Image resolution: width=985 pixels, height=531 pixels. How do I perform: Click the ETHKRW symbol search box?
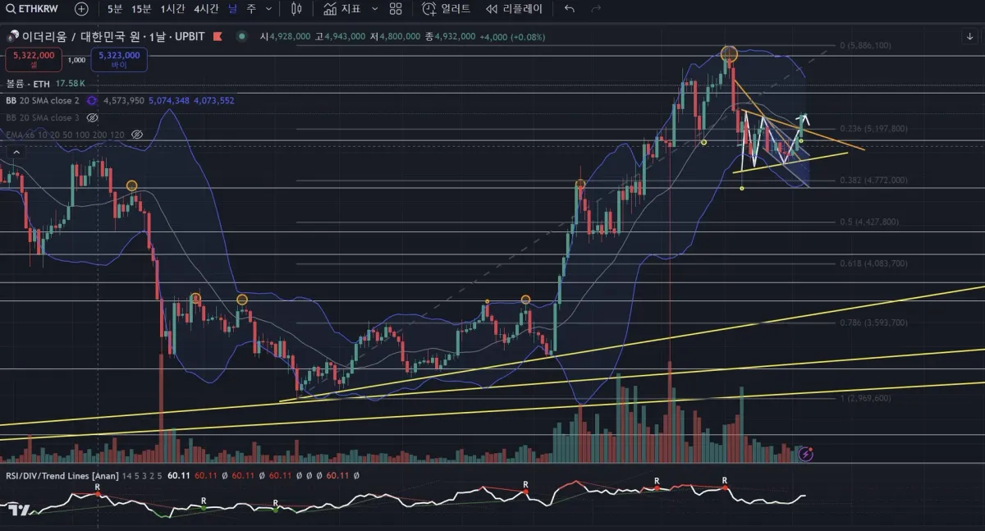pos(34,9)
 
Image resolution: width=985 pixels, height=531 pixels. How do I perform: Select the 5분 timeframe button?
pos(115,9)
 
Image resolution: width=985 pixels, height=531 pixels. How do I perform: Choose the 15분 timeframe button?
pos(141,9)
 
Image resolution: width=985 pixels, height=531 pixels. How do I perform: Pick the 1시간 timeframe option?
pos(173,9)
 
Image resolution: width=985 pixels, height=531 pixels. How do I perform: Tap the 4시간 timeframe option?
pos(206,9)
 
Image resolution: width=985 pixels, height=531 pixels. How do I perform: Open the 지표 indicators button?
pos(343,9)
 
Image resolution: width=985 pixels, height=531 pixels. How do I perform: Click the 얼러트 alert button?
pos(447,9)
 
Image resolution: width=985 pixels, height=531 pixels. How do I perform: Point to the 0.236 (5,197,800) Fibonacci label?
pos(873,129)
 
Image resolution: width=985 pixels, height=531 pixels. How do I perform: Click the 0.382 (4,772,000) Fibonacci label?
pos(873,180)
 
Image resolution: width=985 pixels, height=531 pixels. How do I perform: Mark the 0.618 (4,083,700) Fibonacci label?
pos(873,263)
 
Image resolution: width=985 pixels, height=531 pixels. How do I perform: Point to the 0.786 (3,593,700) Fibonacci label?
pos(873,323)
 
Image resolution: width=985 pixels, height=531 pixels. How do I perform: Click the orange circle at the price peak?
pos(729,55)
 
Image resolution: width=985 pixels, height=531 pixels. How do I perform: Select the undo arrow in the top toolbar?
pos(570,9)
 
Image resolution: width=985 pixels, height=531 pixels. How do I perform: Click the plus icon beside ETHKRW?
pos(81,9)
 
